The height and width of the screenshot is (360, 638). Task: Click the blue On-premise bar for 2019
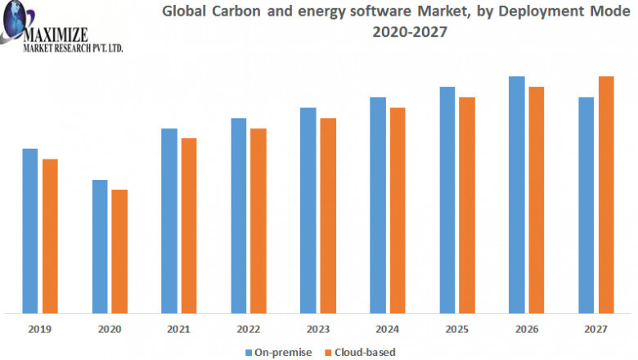click(x=30, y=230)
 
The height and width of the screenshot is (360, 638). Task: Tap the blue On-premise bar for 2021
click(x=169, y=220)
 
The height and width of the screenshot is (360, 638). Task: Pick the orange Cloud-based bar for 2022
click(x=258, y=220)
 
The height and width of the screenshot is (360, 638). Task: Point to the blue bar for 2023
click(x=308, y=210)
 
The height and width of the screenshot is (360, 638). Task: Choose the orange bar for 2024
click(x=398, y=210)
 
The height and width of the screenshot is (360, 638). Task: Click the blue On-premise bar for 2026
click(x=517, y=195)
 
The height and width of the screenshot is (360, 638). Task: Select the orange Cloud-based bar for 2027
click(x=606, y=195)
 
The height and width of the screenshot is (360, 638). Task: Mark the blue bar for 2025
click(x=447, y=200)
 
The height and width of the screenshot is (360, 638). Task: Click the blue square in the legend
click(x=249, y=352)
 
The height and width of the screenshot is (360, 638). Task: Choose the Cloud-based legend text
click(x=362, y=352)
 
